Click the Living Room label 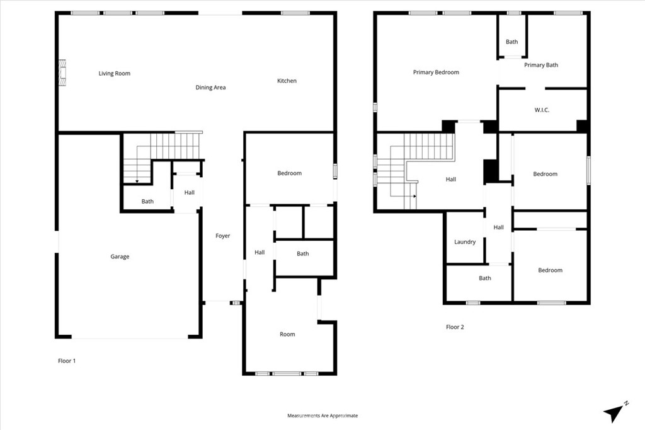pos(115,73)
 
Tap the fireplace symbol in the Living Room pos(62,73)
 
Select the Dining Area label pos(210,87)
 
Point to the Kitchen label pos(287,81)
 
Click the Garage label pos(120,257)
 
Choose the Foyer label pos(222,236)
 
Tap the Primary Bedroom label pos(436,73)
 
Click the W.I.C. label pos(542,110)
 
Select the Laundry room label pos(465,241)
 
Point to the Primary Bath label pos(541,65)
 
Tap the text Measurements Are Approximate pos(322,415)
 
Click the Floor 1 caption pos(67,361)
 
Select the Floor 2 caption pos(455,327)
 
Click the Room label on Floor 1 pos(287,334)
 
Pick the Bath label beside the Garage pos(147,201)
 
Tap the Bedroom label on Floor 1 pos(290,173)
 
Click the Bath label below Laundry pos(485,278)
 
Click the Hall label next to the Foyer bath pos(260,252)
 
